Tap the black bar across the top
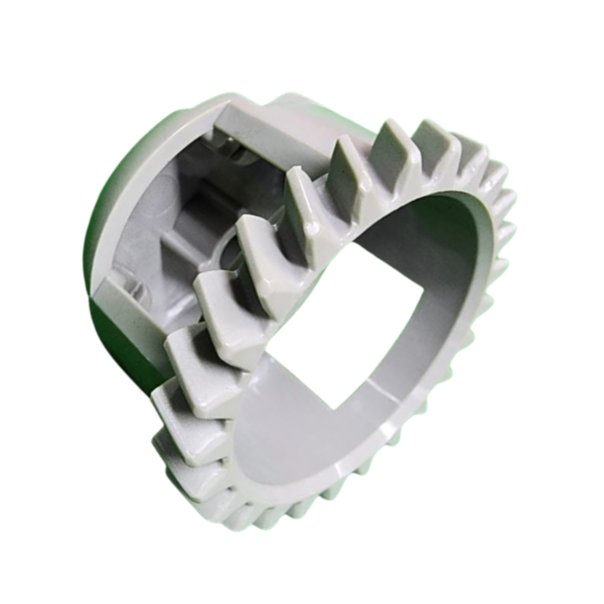302,24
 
